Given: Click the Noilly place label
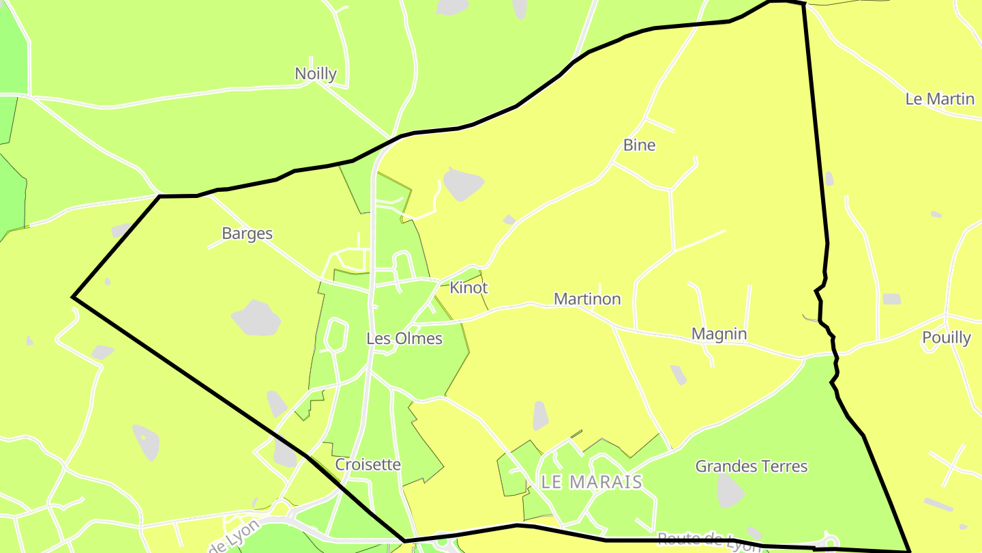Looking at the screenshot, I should (315, 74).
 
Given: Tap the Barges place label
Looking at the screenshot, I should (247, 233).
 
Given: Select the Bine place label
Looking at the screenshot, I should (639, 145).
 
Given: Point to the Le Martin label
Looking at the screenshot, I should (940, 99).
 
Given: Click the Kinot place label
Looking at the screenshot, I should (468, 288).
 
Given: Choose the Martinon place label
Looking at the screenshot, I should (587, 299).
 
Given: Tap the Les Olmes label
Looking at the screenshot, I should (404, 339).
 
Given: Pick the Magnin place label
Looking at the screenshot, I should (719, 334).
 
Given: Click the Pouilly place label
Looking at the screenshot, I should (946, 338).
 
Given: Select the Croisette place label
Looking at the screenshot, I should (368, 465).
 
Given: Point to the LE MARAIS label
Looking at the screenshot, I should (591, 482).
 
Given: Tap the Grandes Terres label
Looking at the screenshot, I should (751, 466).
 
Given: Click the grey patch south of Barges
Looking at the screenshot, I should (256, 318).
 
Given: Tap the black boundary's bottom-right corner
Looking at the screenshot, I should (909, 550).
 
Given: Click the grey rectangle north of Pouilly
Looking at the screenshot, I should (891, 299).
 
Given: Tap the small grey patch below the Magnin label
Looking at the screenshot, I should (678, 375).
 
